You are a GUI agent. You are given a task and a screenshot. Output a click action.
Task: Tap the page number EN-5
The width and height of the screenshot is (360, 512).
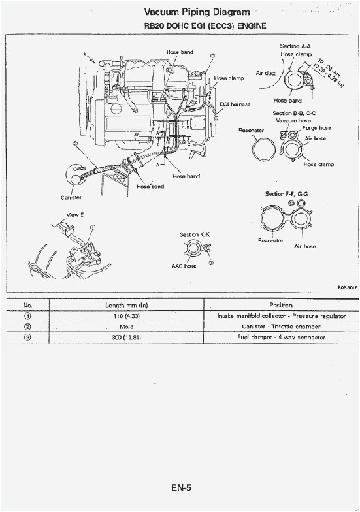(181, 487)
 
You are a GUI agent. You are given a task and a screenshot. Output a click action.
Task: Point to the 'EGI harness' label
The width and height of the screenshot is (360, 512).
(235, 104)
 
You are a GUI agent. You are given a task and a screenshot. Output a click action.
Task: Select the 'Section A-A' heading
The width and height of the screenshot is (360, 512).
(295, 46)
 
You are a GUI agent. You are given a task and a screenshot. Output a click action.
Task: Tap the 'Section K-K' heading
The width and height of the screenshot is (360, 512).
(194, 234)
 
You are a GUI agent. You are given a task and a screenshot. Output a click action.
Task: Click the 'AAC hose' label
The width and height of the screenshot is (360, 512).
(184, 266)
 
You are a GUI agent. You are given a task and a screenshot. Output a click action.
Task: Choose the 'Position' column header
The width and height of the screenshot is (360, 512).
(280, 305)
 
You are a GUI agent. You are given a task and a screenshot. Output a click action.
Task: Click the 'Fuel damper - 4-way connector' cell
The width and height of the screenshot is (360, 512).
(281, 337)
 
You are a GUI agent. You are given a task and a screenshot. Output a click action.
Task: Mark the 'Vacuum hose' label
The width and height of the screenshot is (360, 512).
(293, 120)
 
